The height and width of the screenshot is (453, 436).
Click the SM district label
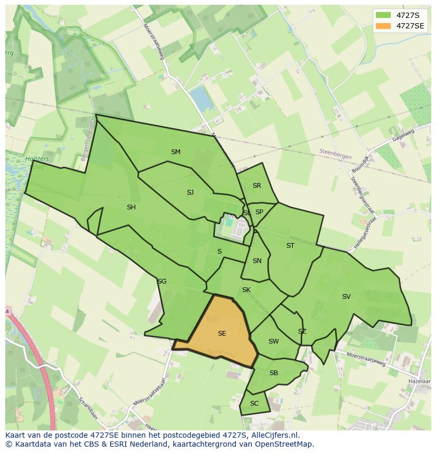(x=176, y=152)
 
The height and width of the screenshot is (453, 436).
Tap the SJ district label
(x=190, y=193)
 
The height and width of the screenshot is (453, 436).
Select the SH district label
(x=131, y=207)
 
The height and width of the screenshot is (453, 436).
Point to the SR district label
(x=257, y=186)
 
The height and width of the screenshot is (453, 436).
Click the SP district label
(x=259, y=212)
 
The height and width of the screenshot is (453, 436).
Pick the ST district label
(x=290, y=246)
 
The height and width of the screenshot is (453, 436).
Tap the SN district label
(x=257, y=261)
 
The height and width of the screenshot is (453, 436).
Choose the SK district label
(x=246, y=290)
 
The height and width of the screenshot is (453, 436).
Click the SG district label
(x=162, y=281)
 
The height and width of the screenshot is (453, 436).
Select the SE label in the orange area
(x=222, y=334)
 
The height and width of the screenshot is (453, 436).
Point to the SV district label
(x=346, y=297)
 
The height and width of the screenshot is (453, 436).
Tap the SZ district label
(x=302, y=331)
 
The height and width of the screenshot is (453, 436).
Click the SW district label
(x=273, y=341)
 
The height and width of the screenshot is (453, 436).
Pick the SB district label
(x=273, y=373)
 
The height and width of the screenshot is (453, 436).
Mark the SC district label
(x=254, y=404)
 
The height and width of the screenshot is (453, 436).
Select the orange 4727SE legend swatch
(x=383, y=26)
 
